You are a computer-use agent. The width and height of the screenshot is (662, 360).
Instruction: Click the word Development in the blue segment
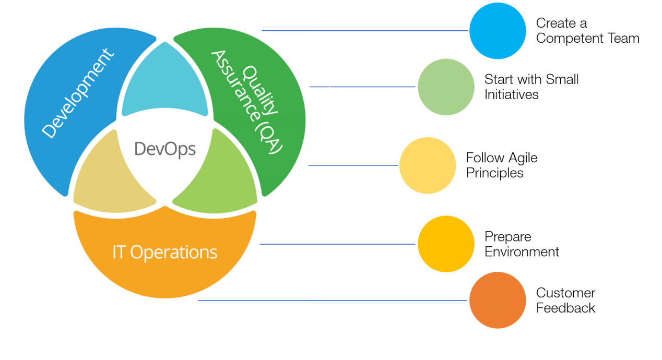(x=78, y=94)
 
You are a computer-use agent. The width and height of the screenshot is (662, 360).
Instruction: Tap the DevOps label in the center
(x=165, y=149)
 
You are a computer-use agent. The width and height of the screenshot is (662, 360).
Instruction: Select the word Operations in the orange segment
(x=173, y=253)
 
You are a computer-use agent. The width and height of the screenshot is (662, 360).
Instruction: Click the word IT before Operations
(x=120, y=253)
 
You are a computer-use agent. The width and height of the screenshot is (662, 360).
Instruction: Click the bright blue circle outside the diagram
(x=498, y=31)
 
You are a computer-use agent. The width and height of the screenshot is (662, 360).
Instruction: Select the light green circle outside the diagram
(x=446, y=87)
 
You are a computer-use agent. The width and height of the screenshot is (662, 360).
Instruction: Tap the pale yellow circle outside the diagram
(x=427, y=165)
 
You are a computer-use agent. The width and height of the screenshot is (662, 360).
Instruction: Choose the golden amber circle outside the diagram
(x=446, y=244)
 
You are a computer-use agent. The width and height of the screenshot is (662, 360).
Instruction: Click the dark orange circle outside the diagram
(x=498, y=301)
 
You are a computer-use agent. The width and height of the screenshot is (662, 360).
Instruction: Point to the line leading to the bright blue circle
(x=365, y=31)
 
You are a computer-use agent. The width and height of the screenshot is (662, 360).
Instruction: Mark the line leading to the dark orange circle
(x=334, y=301)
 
